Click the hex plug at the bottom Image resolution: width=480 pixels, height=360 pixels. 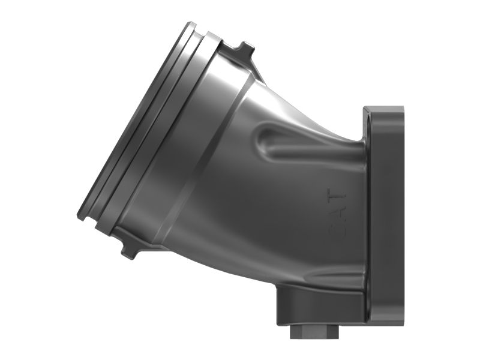310,332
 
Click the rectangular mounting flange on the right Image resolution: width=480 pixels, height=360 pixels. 384,216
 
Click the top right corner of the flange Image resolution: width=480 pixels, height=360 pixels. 401,110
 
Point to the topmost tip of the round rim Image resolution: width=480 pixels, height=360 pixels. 191,24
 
